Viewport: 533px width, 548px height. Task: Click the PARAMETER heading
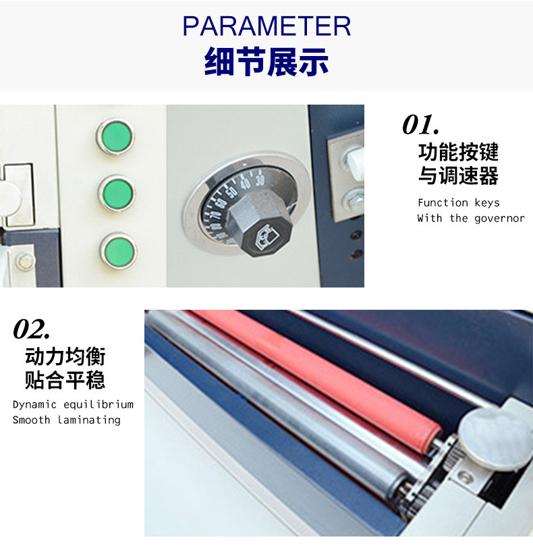(x=266, y=26)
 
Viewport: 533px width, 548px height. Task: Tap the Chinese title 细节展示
(x=266, y=62)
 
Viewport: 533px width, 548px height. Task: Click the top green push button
(x=115, y=136)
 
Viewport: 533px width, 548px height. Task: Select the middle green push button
(x=117, y=193)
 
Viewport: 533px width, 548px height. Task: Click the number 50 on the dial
(x=232, y=192)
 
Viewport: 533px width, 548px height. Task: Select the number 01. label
(x=420, y=124)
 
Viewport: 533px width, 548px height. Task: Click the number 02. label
(x=32, y=329)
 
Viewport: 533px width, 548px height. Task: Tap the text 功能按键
(x=458, y=152)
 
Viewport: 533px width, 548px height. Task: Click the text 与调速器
(x=458, y=175)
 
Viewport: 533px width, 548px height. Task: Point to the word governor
(x=499, y=219)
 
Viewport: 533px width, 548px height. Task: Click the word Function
(x=443, y=202)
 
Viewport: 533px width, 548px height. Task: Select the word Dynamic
(x=34, y=405)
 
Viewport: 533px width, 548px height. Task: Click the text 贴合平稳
(x=65, y=380)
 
